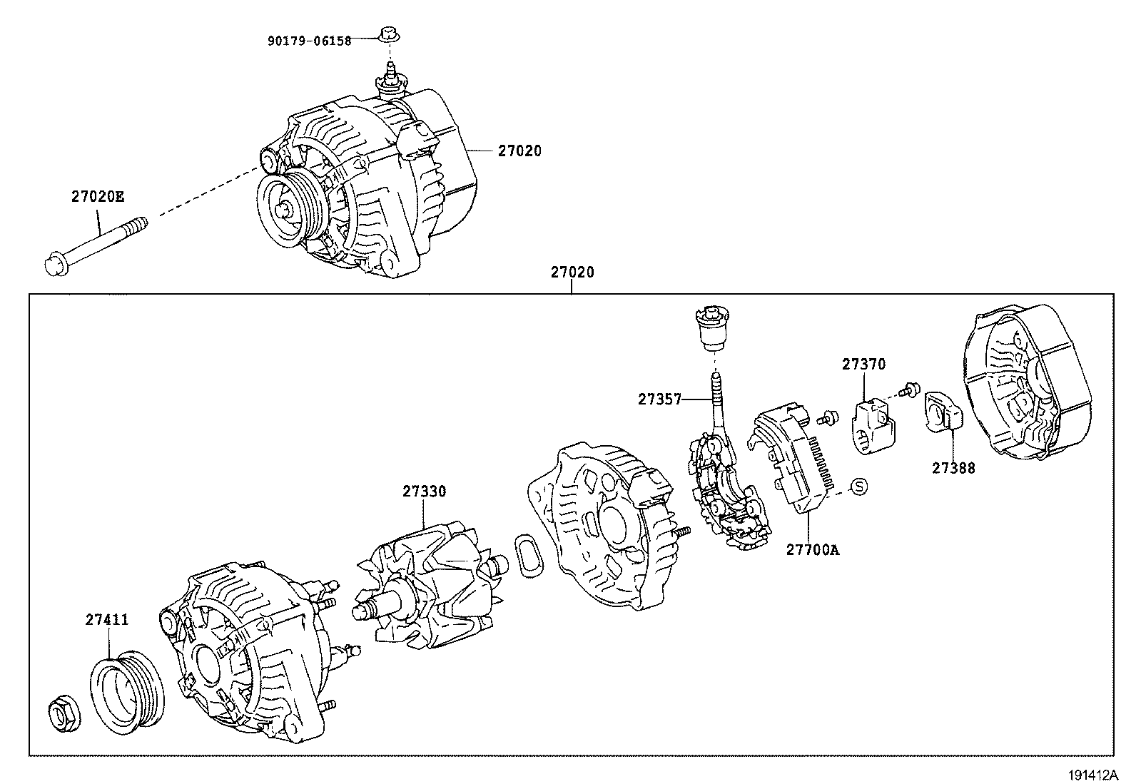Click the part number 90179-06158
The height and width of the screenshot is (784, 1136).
point(310,41)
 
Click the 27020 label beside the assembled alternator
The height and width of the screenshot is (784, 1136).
point(519,151)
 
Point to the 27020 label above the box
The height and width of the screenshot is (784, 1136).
point(572,273)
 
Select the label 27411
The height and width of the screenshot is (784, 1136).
point(107,620)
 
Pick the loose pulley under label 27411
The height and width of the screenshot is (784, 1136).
point(129,691)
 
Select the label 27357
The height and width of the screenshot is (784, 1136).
point(660,400)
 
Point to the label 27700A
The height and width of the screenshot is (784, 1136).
point(813,550)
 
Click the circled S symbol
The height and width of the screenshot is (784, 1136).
point(859,487)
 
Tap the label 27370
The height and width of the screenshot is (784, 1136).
point(863,365)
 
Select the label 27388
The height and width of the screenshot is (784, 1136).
point(953,468)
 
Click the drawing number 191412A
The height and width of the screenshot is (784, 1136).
point(1093,774)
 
